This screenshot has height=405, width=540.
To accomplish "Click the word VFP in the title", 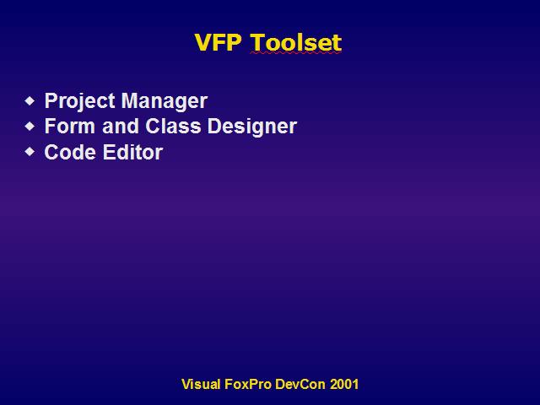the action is tap(218, 42).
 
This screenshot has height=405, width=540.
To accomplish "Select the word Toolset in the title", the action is tap(296, 42).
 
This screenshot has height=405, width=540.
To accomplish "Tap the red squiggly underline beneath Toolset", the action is tap(296, 52).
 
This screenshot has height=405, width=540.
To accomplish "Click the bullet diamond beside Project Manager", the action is tap(30, 101).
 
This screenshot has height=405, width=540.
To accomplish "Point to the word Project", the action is tap(80, 101).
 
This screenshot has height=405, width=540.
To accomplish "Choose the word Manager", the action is tap(165, 101).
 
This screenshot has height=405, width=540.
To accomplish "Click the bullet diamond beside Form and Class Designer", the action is tap(30, 126).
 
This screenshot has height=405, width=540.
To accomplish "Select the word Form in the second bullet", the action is tap(70, 126).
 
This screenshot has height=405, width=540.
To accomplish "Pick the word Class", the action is tap(173, 126).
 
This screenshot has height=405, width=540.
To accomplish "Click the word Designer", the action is tap(252, 127).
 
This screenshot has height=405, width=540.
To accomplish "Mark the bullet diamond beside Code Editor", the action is tap(30, 152).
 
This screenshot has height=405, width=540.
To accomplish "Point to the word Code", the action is tap(70, 152).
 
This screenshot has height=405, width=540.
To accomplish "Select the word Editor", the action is tap(132, 152).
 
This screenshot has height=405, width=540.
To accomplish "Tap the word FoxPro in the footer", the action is tap(248, 384).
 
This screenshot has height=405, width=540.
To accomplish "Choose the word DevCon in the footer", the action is tap(300, 384).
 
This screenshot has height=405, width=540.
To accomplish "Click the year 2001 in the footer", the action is tap(344, 384).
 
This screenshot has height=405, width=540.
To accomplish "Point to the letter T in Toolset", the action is tap(258, 42).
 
